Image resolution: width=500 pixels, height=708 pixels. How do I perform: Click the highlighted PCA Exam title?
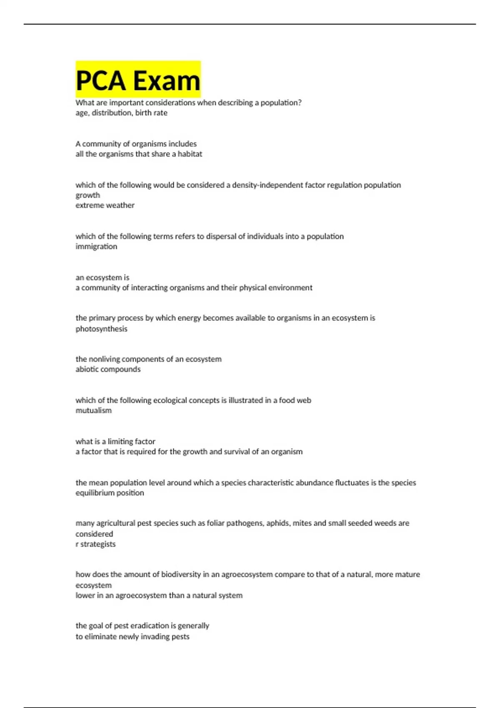[138, 80]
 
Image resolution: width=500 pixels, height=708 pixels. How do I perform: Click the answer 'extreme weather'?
[105, 205]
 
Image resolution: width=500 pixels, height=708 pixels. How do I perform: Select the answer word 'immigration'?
[96, 247]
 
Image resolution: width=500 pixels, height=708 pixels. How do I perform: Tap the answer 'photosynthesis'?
[101, 329]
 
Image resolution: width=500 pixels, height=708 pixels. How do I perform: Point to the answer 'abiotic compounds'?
[108, 369]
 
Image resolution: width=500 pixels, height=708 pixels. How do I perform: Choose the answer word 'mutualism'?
[93, 411]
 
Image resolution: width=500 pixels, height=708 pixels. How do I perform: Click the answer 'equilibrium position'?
[110, 493]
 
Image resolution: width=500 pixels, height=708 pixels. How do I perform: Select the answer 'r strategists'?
[95, 544]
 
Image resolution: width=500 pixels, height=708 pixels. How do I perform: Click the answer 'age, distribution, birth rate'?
[121, 113]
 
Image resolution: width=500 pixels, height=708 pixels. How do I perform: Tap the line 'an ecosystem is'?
[102, 278]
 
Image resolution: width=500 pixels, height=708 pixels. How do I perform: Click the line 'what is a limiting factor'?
[115, 441]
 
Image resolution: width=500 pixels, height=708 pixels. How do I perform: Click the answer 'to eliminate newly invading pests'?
[132, 637]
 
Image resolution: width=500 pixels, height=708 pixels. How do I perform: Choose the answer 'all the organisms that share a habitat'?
[139, 154]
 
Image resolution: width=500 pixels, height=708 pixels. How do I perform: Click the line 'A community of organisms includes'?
[136, 144]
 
